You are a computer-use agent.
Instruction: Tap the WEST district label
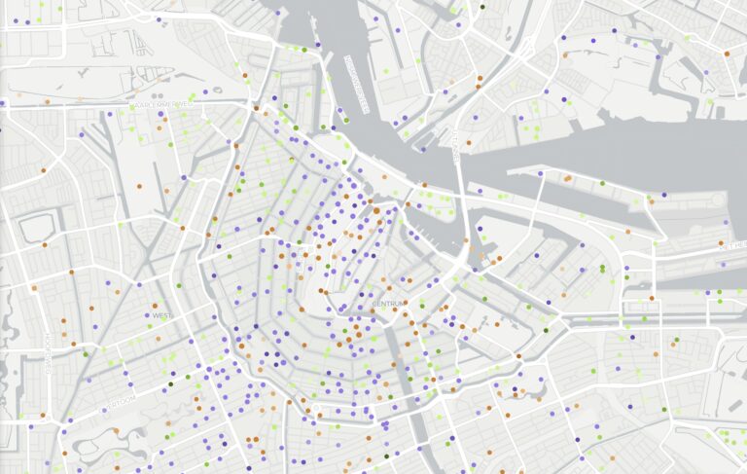[160, 315]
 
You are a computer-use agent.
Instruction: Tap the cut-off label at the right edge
[734, 246]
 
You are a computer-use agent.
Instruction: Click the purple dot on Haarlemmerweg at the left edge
[3, 102]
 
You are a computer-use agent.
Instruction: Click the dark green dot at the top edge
[482, 7]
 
